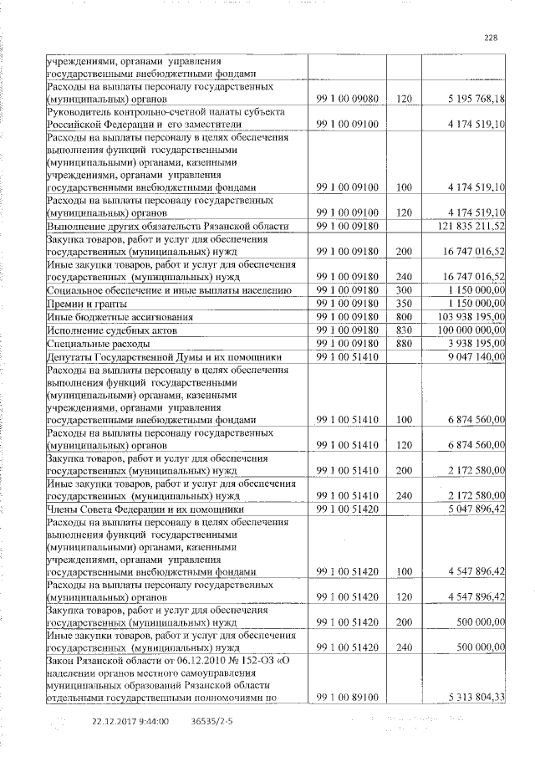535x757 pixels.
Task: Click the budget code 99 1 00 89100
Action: pos(349,697)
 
